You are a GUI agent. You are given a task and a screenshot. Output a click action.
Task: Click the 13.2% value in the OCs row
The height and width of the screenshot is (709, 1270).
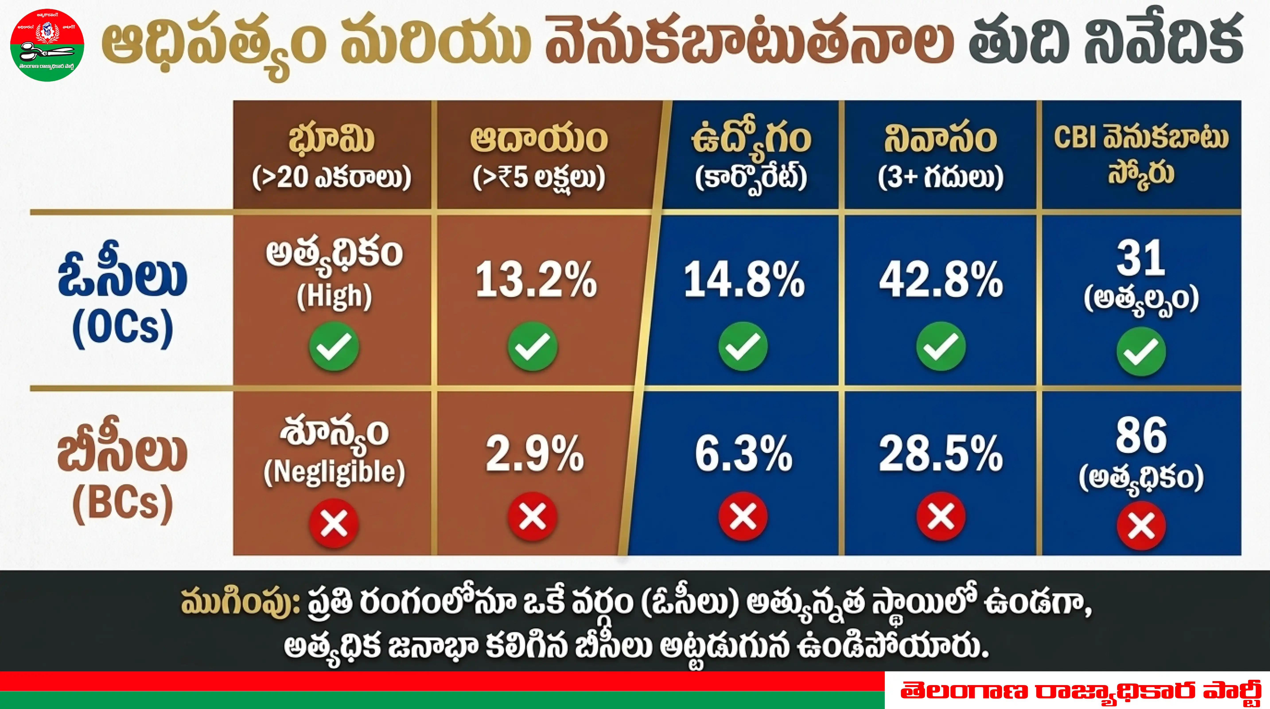536,280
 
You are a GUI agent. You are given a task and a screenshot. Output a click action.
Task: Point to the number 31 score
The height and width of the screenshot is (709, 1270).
1141,258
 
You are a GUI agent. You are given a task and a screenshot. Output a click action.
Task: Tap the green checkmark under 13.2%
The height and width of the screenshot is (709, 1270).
533,346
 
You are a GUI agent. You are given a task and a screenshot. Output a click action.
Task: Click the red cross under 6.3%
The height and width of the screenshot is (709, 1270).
743,516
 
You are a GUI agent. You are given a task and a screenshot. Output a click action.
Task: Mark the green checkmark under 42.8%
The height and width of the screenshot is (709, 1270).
941,346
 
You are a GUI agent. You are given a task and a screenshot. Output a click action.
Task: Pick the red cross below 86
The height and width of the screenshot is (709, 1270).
1141,525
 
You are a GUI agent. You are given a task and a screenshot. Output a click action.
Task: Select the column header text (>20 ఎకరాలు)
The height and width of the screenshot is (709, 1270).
331,177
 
